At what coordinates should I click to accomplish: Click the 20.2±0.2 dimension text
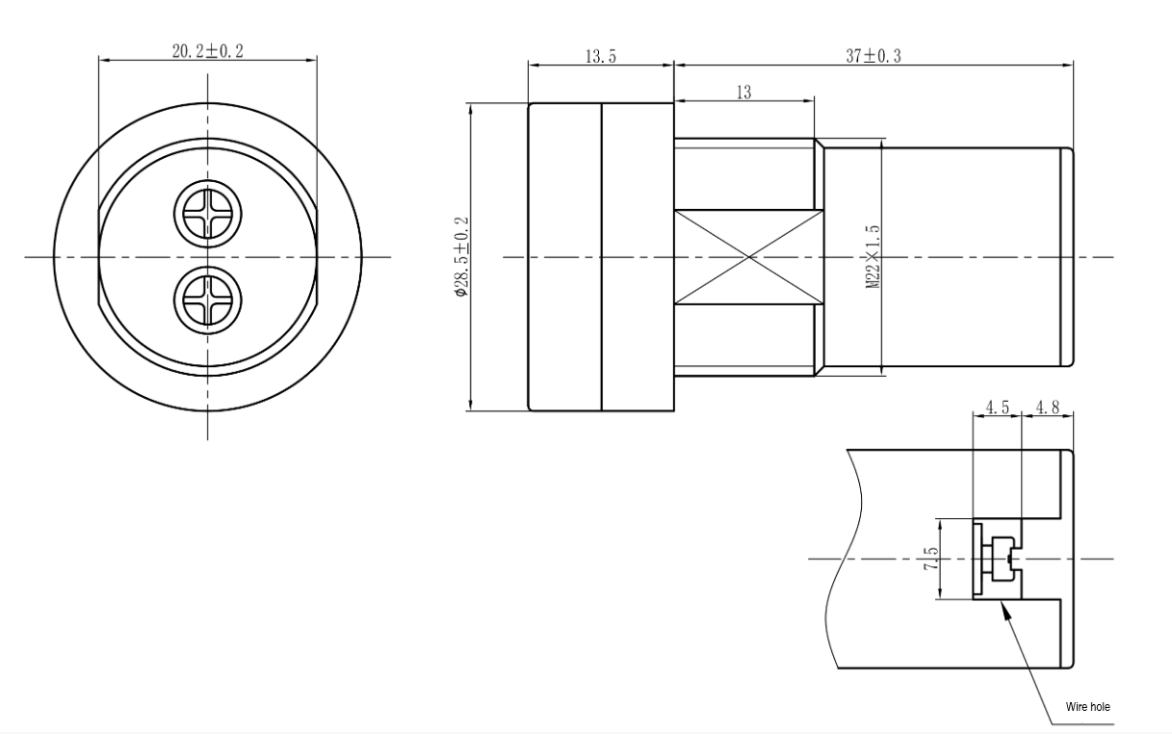point(208,51)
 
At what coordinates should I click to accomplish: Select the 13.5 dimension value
point(601,56)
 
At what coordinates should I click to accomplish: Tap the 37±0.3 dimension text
point(873,56)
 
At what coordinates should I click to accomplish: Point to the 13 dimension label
point(743,92)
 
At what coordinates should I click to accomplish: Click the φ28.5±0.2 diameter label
point(461,257)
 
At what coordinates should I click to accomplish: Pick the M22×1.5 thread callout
point(872,257)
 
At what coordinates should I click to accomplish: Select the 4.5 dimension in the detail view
point(998,407)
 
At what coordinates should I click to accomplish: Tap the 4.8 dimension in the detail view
point(1048,407)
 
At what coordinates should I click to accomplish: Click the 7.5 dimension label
point(931,559)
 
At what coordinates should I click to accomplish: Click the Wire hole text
point(1088,707)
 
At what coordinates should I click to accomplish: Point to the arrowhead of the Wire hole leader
point(1002,602)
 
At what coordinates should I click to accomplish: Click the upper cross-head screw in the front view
point(208,215)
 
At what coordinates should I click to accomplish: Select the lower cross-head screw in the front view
point(208,301)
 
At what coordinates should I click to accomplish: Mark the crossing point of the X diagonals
point(748,257)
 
